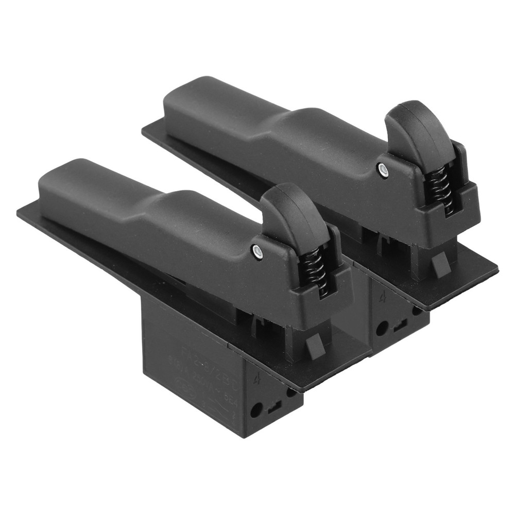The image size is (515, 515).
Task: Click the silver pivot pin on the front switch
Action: (x=256, y=250)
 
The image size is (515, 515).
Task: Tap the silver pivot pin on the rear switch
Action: (x=381, y=168)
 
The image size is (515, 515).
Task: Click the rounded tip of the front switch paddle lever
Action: (x=49, y=178)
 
